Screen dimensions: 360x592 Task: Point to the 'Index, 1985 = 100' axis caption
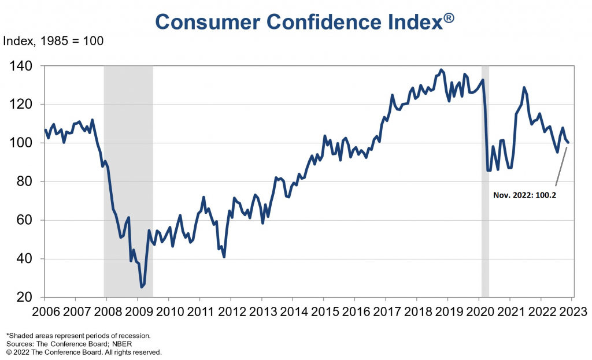[x=53, y=42]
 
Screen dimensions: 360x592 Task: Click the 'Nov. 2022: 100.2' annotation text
[x=524, y=196]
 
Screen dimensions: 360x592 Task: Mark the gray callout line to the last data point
[x=561, y=166]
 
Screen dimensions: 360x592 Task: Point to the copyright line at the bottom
[x=84, y=351]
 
